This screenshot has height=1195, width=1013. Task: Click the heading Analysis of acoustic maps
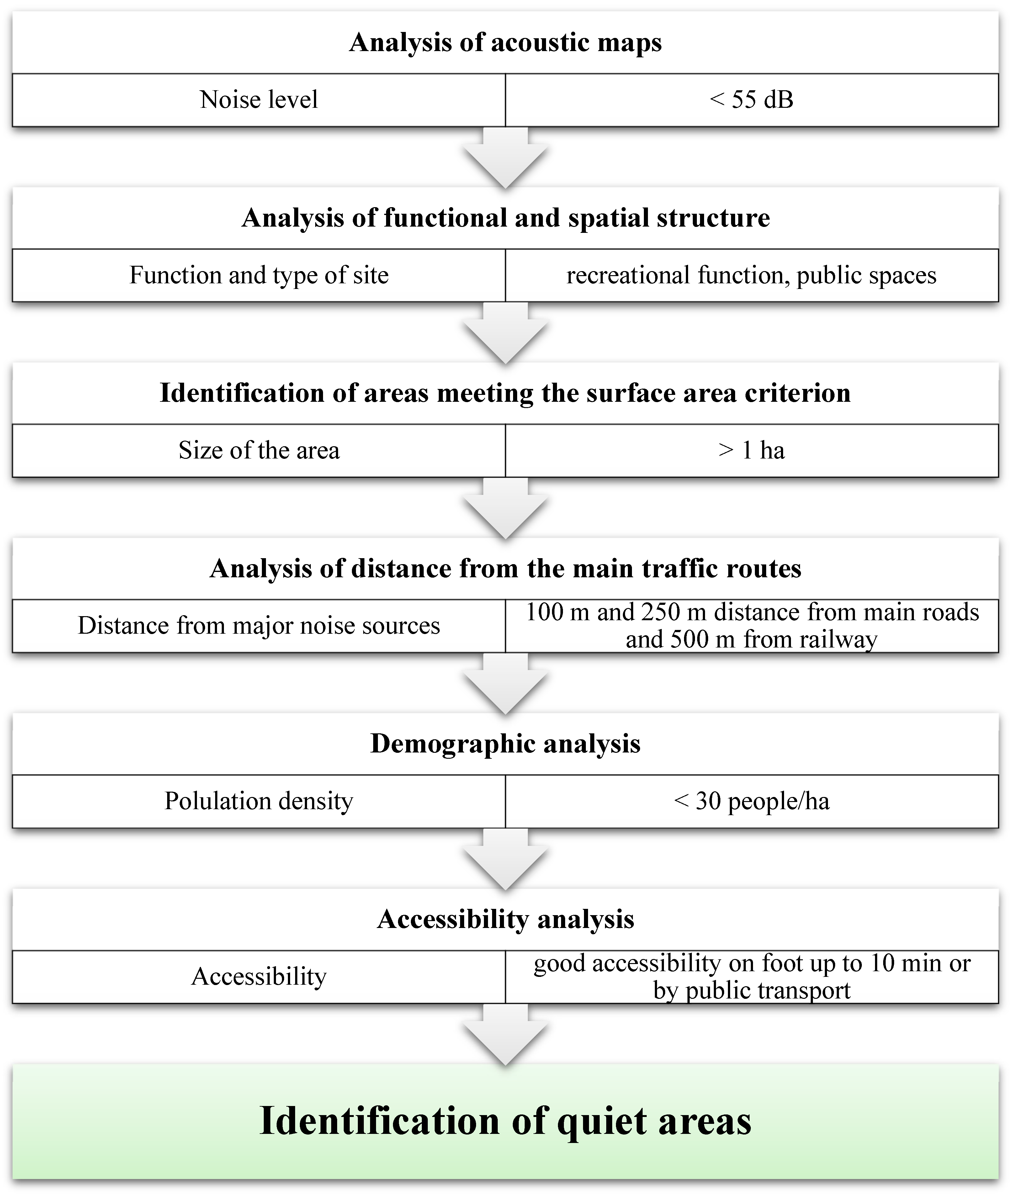[505, 43]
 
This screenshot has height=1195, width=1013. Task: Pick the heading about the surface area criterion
[505, 393]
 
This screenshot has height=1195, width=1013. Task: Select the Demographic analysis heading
[505, 744]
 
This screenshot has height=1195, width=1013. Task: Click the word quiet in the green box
[602, 1121]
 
